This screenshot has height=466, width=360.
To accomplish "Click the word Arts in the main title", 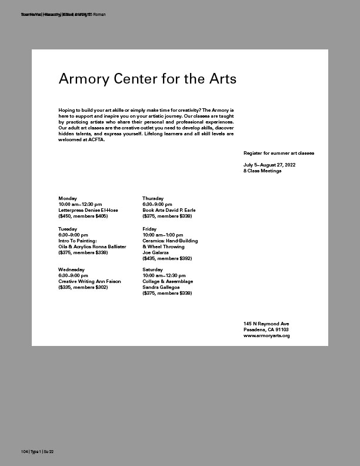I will click(x=220, y=79).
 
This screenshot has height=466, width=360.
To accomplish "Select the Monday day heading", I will click(x=68, y=198).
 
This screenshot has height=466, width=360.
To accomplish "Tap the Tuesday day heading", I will click(x=68, y=228).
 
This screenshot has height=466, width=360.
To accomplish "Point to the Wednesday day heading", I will click(x=72, y=269).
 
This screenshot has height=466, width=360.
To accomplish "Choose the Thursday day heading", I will click(x=153, y=198).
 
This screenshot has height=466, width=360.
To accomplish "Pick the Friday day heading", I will click(x=149, y=228).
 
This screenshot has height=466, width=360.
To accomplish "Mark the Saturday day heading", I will click(x=153, y=269).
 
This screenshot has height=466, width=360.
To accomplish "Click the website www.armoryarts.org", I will click(x=266, y=336).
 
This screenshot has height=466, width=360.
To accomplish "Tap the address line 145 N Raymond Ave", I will click(x=266, y=324).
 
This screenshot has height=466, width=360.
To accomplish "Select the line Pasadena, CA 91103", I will click(x=266, y=330).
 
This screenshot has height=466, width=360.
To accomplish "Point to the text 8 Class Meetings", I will click(x=262, y=171).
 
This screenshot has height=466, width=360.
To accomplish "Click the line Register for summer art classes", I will click(x=279, y=153).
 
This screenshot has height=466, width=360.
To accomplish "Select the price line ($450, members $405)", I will click(x=83, y=216).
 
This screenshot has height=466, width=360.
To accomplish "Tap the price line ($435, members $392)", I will click(x=167, y=258).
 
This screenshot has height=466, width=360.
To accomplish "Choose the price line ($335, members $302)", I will click(x=83, y=287).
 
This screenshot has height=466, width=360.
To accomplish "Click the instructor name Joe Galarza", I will click(x=155, y=252).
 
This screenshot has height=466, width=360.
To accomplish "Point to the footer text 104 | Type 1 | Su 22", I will click(x=37, y=451).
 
